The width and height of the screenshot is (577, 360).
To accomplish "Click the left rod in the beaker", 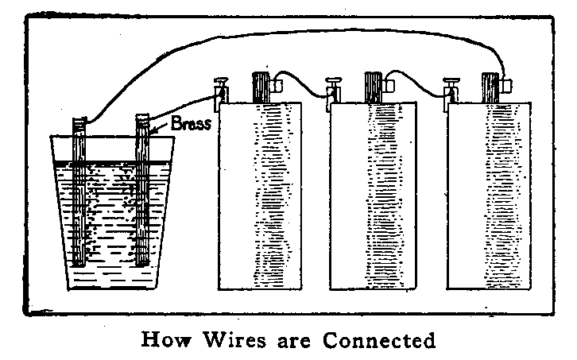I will coord(79,199).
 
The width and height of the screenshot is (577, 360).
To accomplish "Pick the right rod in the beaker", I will coord(142,199).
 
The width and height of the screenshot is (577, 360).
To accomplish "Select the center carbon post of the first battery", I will coord(260,87).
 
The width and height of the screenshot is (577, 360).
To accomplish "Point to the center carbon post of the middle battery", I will coord(372,87).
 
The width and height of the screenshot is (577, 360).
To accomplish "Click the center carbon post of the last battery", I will coord(490,87).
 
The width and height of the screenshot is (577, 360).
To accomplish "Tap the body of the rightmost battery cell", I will coord(489,199).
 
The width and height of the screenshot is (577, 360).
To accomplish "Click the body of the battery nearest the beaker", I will coord(260,199).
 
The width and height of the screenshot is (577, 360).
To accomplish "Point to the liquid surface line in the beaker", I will coord(111,163).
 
